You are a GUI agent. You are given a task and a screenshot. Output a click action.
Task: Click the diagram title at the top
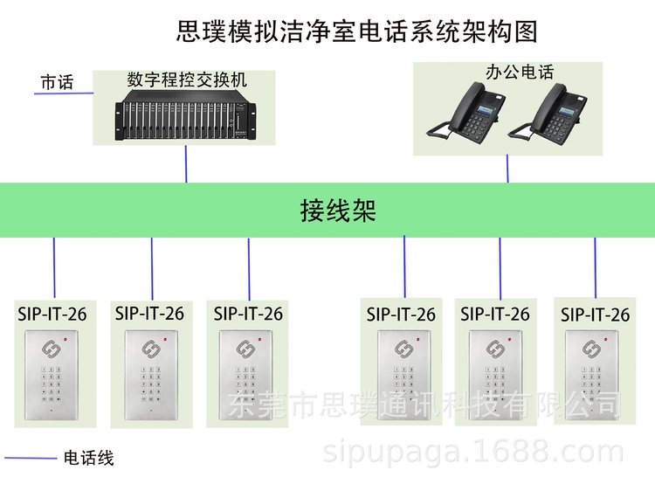356,31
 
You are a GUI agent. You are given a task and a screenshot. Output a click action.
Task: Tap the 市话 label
58,82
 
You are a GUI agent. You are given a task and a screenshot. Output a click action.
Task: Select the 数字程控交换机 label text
187,80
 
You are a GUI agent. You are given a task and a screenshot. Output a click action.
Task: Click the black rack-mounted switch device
185,121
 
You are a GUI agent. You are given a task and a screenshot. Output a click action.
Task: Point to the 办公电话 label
520,72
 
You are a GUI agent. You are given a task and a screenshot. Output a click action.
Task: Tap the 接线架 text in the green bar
338,211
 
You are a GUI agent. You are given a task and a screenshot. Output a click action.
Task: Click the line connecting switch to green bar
186,163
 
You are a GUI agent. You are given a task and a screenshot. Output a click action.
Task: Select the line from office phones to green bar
507,169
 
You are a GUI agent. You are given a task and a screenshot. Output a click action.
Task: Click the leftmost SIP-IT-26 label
52,315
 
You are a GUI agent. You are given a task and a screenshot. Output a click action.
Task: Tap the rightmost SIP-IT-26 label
596,315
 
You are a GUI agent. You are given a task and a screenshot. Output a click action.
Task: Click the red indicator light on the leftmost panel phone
65,339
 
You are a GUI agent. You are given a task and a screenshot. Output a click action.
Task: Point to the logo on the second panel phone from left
149,349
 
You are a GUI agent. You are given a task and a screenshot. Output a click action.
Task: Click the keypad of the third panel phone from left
245,384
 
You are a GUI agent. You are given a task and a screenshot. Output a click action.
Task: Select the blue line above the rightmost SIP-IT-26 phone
596,267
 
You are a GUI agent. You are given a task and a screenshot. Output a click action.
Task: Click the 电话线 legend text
88,458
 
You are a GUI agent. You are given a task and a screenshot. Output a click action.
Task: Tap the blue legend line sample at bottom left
31,458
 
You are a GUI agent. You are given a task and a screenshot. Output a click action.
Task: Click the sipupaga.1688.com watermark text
473,453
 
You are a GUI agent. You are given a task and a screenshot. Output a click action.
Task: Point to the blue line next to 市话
64,93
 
